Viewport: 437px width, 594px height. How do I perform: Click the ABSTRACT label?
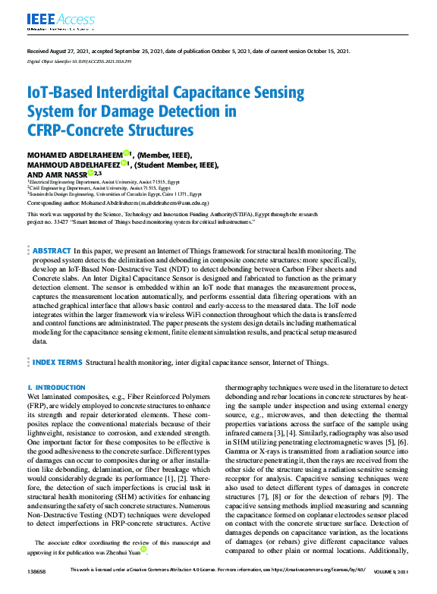[52, 250]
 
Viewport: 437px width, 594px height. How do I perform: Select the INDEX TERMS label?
[58, 363]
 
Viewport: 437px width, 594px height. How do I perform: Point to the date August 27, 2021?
[63, 51]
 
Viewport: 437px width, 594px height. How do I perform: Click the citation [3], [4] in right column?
[288, 432]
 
